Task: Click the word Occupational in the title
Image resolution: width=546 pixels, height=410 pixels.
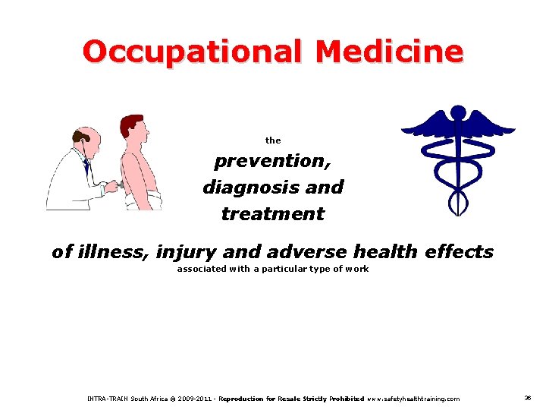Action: (x=192, y=52)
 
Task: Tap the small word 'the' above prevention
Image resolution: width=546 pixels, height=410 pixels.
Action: (x=273, y=140)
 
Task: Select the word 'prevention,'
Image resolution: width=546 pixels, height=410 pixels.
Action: (x=272, y=162)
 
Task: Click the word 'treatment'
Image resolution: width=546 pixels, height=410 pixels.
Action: (x=272, y=214)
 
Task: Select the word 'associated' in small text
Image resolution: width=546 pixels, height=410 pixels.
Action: (x=201, y=270)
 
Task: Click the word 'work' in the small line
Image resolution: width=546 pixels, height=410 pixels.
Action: (x=357, y=270)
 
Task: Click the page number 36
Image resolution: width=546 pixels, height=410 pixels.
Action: (x=528, y=398)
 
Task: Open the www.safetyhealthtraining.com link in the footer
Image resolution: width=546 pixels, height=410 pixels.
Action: (x=413, y=399)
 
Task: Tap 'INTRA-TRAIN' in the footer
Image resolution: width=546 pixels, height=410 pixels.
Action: (x=108, y=399)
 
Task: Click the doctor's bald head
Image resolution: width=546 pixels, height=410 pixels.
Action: (x=86, y=137)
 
